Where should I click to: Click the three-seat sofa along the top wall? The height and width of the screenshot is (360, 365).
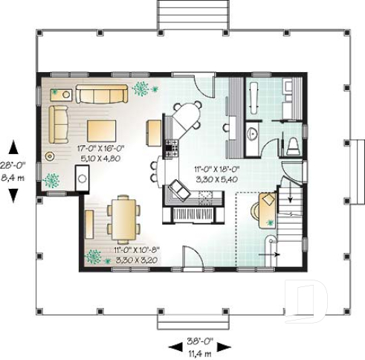pos(101,94)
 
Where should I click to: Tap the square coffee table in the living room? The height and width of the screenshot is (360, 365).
pos(103,130)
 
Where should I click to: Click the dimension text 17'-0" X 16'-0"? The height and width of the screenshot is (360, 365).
pos(100,149)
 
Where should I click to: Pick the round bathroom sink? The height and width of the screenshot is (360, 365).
pos(252,134)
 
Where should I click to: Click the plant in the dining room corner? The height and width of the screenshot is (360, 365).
pos(94,257)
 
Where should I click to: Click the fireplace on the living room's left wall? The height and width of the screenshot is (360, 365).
pos(83,178)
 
